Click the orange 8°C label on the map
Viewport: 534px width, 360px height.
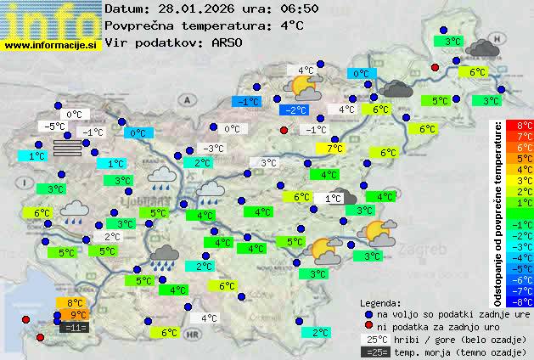click(x=75, y=302)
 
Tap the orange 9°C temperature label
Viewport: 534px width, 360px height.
click(x=79, y=315)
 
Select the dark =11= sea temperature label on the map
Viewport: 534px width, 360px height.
click(x=75, y=327)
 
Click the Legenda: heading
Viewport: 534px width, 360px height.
click(x=380, y=302)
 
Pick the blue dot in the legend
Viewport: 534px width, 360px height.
click(x=368, y=314)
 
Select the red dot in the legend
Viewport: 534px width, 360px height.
click(x=368, y=326)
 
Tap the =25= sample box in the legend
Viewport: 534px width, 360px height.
click(x=379, y=352)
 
